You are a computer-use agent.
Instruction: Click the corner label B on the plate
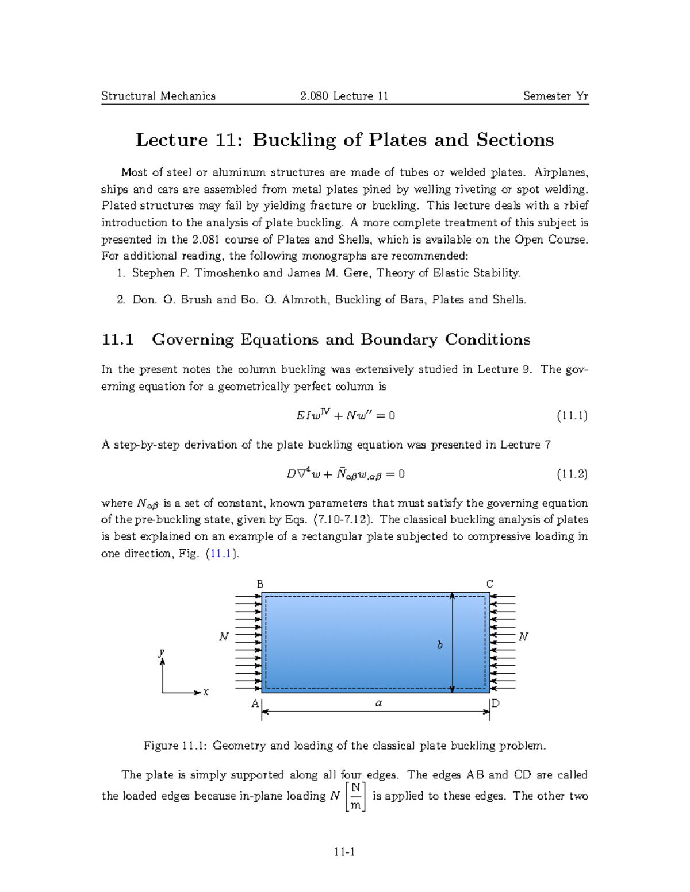(260, 584)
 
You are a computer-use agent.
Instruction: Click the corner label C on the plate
(490, 584)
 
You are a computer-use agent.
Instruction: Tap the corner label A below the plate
(255, 703)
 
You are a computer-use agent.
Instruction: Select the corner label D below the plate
(496, 702)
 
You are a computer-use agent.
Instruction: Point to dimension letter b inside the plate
(440, 645)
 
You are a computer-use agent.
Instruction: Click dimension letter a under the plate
(378, 703)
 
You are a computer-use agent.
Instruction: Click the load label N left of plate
(224, 637)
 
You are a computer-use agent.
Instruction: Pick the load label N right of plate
(523, 637)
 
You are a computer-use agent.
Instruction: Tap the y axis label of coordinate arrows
(162, 652)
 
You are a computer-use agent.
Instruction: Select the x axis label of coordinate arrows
(206, 692)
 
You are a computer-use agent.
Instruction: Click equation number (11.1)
(572, 416)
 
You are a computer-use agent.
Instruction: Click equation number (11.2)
(572, 474)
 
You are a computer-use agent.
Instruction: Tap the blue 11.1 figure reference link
(221, 554)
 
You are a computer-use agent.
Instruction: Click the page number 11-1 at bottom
(344, 852)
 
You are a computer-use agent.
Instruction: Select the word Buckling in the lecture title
(294, 140)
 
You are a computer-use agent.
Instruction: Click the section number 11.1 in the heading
(118, 339)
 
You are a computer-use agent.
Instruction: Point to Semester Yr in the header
(555, 96)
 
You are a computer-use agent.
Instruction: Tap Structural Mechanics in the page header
(159, 96)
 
